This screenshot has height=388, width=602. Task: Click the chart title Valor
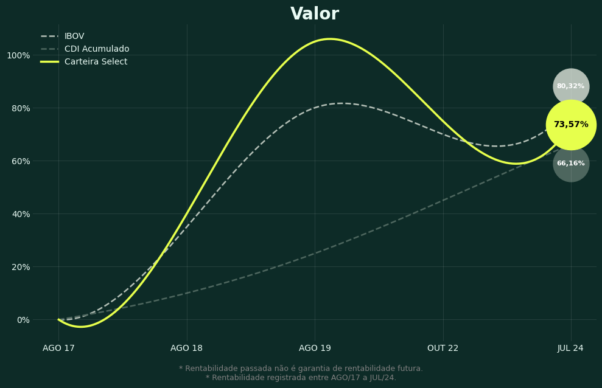[315, 14]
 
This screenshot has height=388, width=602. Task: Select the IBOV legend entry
[74, 36]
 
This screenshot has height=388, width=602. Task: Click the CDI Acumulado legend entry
[96, 49]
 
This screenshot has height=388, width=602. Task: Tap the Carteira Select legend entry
[96, 62]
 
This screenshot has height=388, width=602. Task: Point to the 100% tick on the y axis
[18, 55]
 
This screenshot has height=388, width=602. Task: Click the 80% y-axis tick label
[18, 108]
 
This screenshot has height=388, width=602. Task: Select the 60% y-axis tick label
[18, 161]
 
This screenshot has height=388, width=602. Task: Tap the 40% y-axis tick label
[18, 214]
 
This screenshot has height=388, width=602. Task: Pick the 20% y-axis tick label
[18, 267]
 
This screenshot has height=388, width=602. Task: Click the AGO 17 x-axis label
[58, 348]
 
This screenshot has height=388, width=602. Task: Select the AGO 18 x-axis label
[187, 348]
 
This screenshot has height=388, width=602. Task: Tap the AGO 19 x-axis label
[315, 348]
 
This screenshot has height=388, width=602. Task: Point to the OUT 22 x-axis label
[443, 348]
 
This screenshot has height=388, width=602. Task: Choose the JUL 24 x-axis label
[570, 348]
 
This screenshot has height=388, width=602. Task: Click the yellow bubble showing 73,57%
[571, 125]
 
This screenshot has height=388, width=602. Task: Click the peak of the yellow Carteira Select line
[330, 39]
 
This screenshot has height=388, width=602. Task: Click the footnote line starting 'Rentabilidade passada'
[301, 369]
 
